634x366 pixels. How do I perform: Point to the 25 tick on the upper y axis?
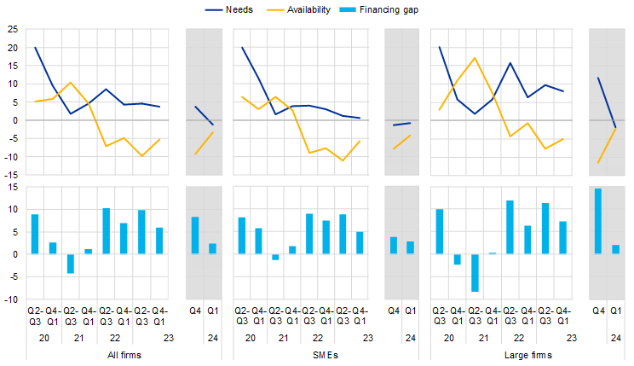13,30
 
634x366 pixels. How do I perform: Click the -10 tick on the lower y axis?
11,299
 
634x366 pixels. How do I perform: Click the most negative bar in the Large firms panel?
475,272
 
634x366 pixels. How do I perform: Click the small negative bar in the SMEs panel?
275,257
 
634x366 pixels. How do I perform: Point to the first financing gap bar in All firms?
35,234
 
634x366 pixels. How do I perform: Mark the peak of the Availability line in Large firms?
474,58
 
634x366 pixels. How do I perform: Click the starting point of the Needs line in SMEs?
242,48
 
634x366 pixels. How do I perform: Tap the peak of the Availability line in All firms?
71,83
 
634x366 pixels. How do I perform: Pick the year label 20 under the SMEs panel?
251,338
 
